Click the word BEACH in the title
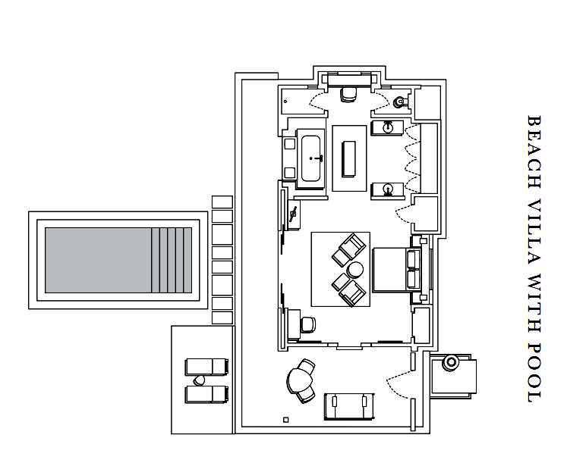(534, 152)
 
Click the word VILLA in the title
(534, 233)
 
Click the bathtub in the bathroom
(310, 158)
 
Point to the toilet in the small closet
(400, 101)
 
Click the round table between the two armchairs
(354, 270)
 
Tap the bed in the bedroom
(397, 269)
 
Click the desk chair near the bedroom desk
(308, 325)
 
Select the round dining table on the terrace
(299, 380)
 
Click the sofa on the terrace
(349, 406)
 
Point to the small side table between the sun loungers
(199, 380)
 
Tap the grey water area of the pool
(98, 260)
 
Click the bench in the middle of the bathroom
(349, 159)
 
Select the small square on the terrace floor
(286, 420)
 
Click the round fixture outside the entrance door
(451, 362)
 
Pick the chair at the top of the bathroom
(348, 94)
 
